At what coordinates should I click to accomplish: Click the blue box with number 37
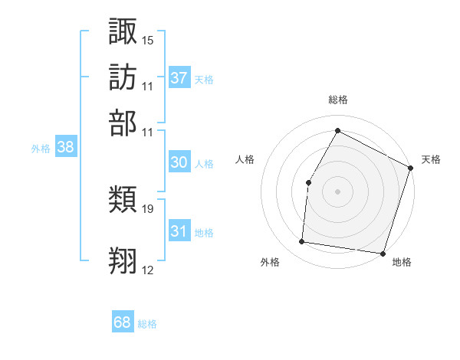coord(179,78)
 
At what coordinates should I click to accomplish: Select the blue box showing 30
coord(179,162)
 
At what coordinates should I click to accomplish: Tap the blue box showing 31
coord(179,231)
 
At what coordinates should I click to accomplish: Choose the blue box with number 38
coord(65,148)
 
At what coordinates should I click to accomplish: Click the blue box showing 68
coord(122,322)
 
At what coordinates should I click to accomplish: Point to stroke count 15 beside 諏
coord(148,39)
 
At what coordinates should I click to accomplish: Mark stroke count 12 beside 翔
coord(148,270)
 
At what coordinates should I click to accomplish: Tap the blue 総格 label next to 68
coord(147,324)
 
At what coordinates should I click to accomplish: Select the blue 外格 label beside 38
coord(41,149)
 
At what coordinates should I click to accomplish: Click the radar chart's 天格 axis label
coord(431,159)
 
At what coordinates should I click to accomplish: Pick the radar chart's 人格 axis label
coord(245,159)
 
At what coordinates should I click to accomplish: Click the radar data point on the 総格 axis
coord(337,130)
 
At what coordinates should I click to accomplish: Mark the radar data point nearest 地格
coord(383,253)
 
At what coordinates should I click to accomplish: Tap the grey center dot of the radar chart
coord(337,191)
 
